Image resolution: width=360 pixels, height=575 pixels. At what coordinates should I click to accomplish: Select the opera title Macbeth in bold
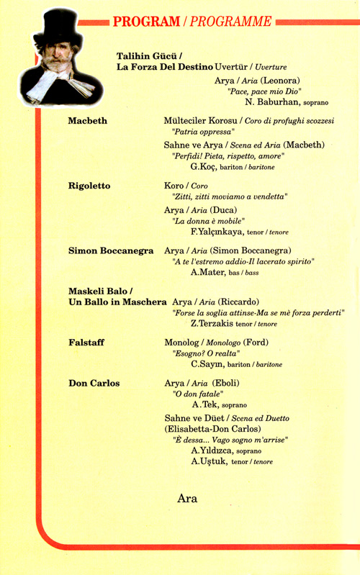tap(87, 121)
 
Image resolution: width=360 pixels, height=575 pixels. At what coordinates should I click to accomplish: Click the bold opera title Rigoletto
tap(89, 186)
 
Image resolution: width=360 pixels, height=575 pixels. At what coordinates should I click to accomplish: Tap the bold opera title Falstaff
tap(86, 343)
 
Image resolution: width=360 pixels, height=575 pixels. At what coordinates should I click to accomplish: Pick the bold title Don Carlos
tap(94, 383)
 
